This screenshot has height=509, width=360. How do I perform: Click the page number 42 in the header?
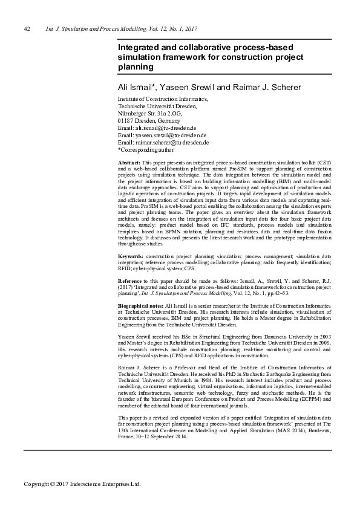pos(27,28)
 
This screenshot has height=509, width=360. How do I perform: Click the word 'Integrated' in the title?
pos(140,46)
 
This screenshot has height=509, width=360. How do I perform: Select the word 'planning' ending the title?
pos(136,66)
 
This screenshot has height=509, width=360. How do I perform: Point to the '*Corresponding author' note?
pos(146,150)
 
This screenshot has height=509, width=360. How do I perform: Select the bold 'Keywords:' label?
pos(131,273)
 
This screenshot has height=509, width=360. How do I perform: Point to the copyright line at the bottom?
pos(82,484)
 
